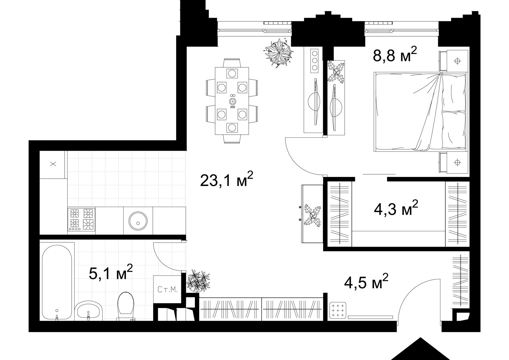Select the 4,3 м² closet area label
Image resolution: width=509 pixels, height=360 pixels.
(x=396, y=208)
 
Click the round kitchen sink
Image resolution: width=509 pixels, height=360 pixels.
(x=138, y=221)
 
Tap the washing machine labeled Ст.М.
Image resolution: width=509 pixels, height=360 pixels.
(x=167, y=289)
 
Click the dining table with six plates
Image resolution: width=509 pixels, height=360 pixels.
(x=232, y=101)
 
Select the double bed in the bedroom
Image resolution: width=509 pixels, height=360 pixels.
(x=420, y=112)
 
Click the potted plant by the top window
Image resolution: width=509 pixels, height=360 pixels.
(x=279, y=53)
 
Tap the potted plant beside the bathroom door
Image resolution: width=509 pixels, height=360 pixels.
(x=198, y=281)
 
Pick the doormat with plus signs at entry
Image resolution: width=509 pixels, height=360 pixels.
(x=337, y=310)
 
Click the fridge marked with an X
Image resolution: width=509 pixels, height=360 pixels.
(x=53, y=164)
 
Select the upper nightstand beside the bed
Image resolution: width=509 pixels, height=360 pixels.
(x=453, y=61)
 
